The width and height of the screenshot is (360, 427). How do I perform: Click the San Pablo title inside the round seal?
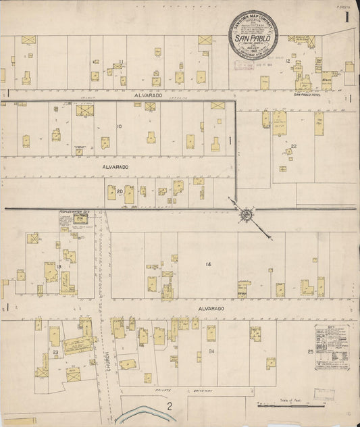[x=251, y=39]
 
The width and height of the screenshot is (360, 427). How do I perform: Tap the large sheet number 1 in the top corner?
[x=346, y=18]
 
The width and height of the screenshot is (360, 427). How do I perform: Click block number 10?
[x=120, y=126]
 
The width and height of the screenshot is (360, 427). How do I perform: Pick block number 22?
[x=294, y=146]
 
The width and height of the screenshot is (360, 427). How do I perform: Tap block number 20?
[x=120, y=192]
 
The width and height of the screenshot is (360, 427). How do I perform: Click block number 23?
[x=54, y=352]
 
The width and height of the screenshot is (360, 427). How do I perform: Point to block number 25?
[x=310, y=352]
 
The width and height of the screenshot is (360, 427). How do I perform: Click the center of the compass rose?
[x=246, y=215]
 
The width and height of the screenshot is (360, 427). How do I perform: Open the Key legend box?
[x=332, y=347]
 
